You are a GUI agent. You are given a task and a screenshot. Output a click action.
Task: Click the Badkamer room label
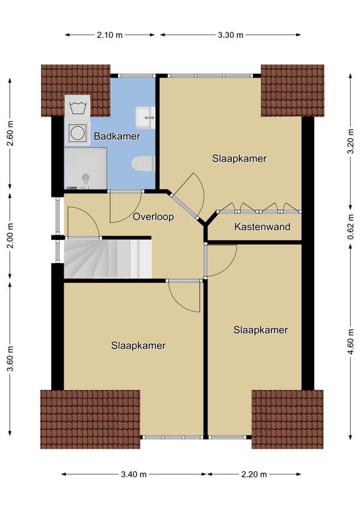click(x=117, y=136)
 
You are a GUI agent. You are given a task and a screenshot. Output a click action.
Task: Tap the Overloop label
click(x=153, y=217)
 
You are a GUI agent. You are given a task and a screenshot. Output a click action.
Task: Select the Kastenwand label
click(x=263, y=227)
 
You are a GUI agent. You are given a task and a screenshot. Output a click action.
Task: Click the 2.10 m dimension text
click(x=109, y=35)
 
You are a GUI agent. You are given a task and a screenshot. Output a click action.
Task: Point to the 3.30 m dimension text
click(x=231, y=35)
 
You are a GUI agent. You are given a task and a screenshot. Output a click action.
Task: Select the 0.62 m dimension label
click(x=351, y=227)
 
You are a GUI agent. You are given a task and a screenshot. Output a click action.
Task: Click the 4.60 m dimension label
click(x=351, y=342)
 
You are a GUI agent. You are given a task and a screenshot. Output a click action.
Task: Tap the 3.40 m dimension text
click(x=134, y=475)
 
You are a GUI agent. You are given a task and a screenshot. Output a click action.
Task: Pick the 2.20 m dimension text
click(x=254, y=475)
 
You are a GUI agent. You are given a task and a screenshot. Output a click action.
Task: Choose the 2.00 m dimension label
click(x=11, y=236)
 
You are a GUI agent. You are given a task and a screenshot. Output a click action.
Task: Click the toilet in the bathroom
click(x=143, y=163)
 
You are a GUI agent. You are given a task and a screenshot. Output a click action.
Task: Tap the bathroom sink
click(x=145, y=117)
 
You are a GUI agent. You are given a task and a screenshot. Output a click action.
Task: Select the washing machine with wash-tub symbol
click(x=78, y=107)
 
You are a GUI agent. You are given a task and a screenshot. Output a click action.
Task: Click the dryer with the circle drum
click(x=78, y=133)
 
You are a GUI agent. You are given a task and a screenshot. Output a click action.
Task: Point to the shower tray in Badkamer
click(x=86, y=168)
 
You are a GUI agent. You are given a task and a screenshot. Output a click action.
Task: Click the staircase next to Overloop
click(x=108, y=258)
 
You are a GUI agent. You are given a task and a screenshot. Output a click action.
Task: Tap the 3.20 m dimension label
click(x=351, y=142)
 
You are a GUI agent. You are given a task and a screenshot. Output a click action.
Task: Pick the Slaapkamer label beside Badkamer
click(x=239, y=158)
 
